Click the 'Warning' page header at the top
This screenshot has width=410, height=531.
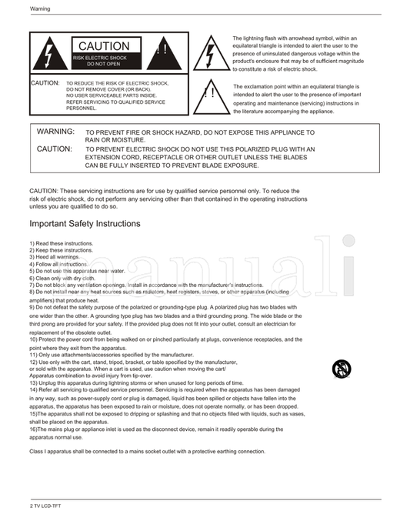(40, 9)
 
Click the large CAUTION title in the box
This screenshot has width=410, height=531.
(104, 47)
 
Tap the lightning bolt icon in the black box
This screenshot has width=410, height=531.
(50, 55)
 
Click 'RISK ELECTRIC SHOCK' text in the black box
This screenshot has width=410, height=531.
(101, 58)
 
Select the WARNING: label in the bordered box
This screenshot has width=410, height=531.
(55, 132)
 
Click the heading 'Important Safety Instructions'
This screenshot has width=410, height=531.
(85, 224)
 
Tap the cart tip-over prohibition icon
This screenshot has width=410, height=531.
(341, 369)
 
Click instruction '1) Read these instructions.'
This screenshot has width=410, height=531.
(62, 244)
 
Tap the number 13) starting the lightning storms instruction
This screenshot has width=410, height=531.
(34, 382)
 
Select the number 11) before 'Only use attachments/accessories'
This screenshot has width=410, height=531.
(34, 354)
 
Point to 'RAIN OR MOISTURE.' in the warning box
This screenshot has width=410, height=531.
(115, 140)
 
